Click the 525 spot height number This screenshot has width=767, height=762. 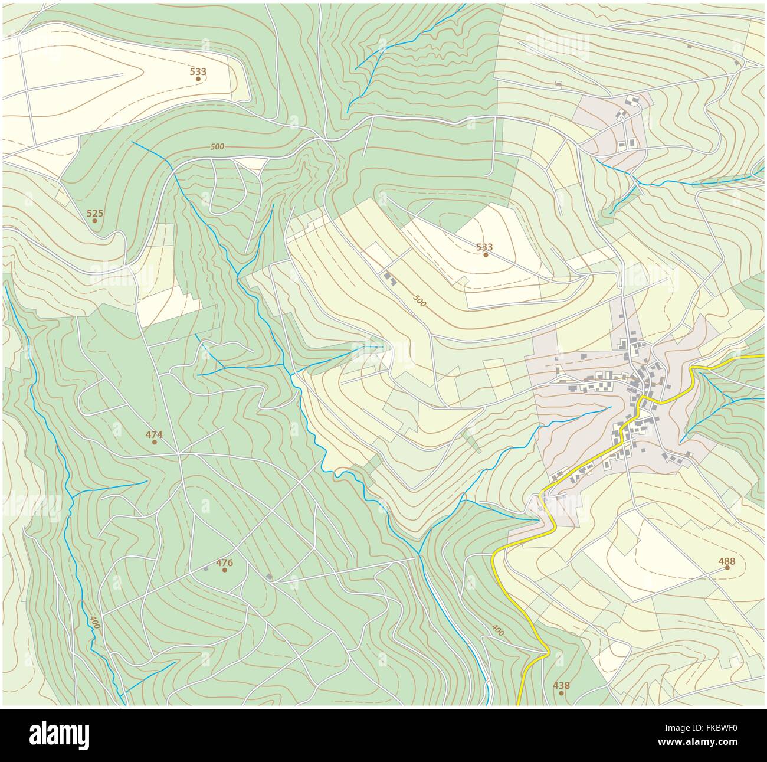pos(94,212)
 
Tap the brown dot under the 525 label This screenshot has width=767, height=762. pos(94,221)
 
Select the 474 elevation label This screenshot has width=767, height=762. pos(154,434)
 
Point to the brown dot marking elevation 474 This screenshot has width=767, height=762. pos(154,442)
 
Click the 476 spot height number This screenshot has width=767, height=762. pos(224,562)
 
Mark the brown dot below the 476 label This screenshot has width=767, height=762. pos(224,570)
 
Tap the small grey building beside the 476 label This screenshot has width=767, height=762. pos(206,569)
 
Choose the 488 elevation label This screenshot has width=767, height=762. pos(727,561)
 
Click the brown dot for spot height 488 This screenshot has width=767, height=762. pos(727,568)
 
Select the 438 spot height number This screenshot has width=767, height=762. pos(561,685)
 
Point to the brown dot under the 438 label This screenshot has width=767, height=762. pos(561,692)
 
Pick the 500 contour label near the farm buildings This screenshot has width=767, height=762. pos(418,300)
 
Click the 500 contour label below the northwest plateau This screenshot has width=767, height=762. pos(217,146)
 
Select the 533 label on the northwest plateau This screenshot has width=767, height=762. pos(198,71)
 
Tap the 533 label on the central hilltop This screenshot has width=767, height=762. pos(484,247)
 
